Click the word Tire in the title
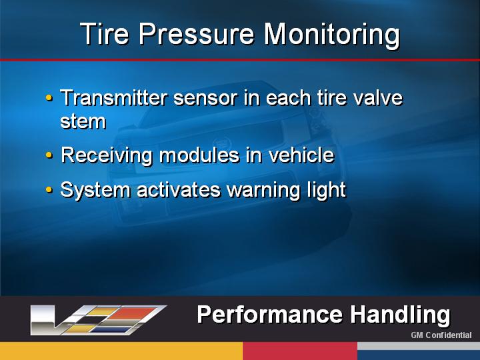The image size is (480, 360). click(x=105, y=34)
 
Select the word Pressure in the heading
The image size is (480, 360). click(x=197, y=34)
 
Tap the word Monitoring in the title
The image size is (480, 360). click(x=332, y=35)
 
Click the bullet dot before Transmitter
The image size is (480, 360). click(x=49, y=98)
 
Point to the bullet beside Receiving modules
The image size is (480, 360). click(x=49, y=155)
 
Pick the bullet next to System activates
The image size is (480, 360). click(x=49, y=190)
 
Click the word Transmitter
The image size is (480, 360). click(x=114, y=97)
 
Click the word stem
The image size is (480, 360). click(x=83, y=121)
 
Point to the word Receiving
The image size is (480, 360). click(x=106, y=156)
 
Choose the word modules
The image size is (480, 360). click(x=199, y=155)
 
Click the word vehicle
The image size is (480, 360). click(x=301, y=155)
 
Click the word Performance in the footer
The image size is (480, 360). click(x=270, y=315)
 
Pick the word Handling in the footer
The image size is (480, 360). click(x=400, y=315)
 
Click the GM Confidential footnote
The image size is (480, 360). click(x=441, y=335)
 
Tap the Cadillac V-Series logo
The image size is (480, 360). click(x=98, y=319)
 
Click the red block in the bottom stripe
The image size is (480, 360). click(x=300, y=351)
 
